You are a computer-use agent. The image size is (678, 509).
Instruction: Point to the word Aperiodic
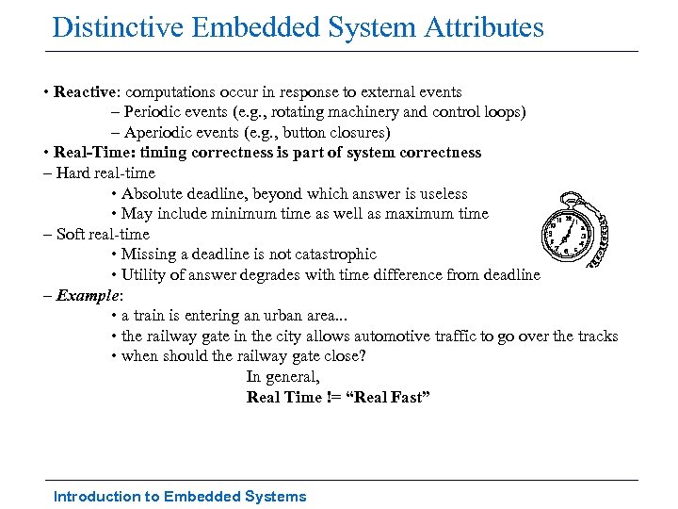(158, 133)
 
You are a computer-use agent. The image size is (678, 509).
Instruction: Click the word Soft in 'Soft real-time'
(71, 234)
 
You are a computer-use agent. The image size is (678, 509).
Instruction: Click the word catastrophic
(331, 254)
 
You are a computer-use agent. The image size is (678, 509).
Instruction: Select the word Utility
(143, 274)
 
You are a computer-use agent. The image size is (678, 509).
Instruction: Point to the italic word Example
(85, 296)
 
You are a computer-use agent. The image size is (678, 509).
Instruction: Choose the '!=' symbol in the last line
(333, 397)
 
